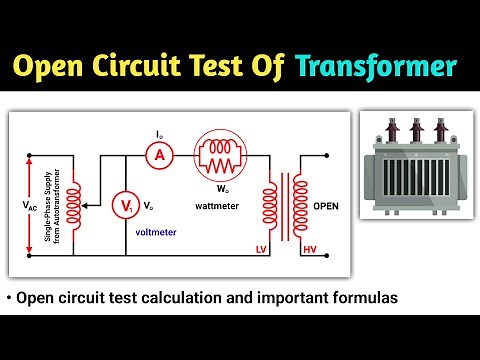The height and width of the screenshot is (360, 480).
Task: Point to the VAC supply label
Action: (x=30, y=205)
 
